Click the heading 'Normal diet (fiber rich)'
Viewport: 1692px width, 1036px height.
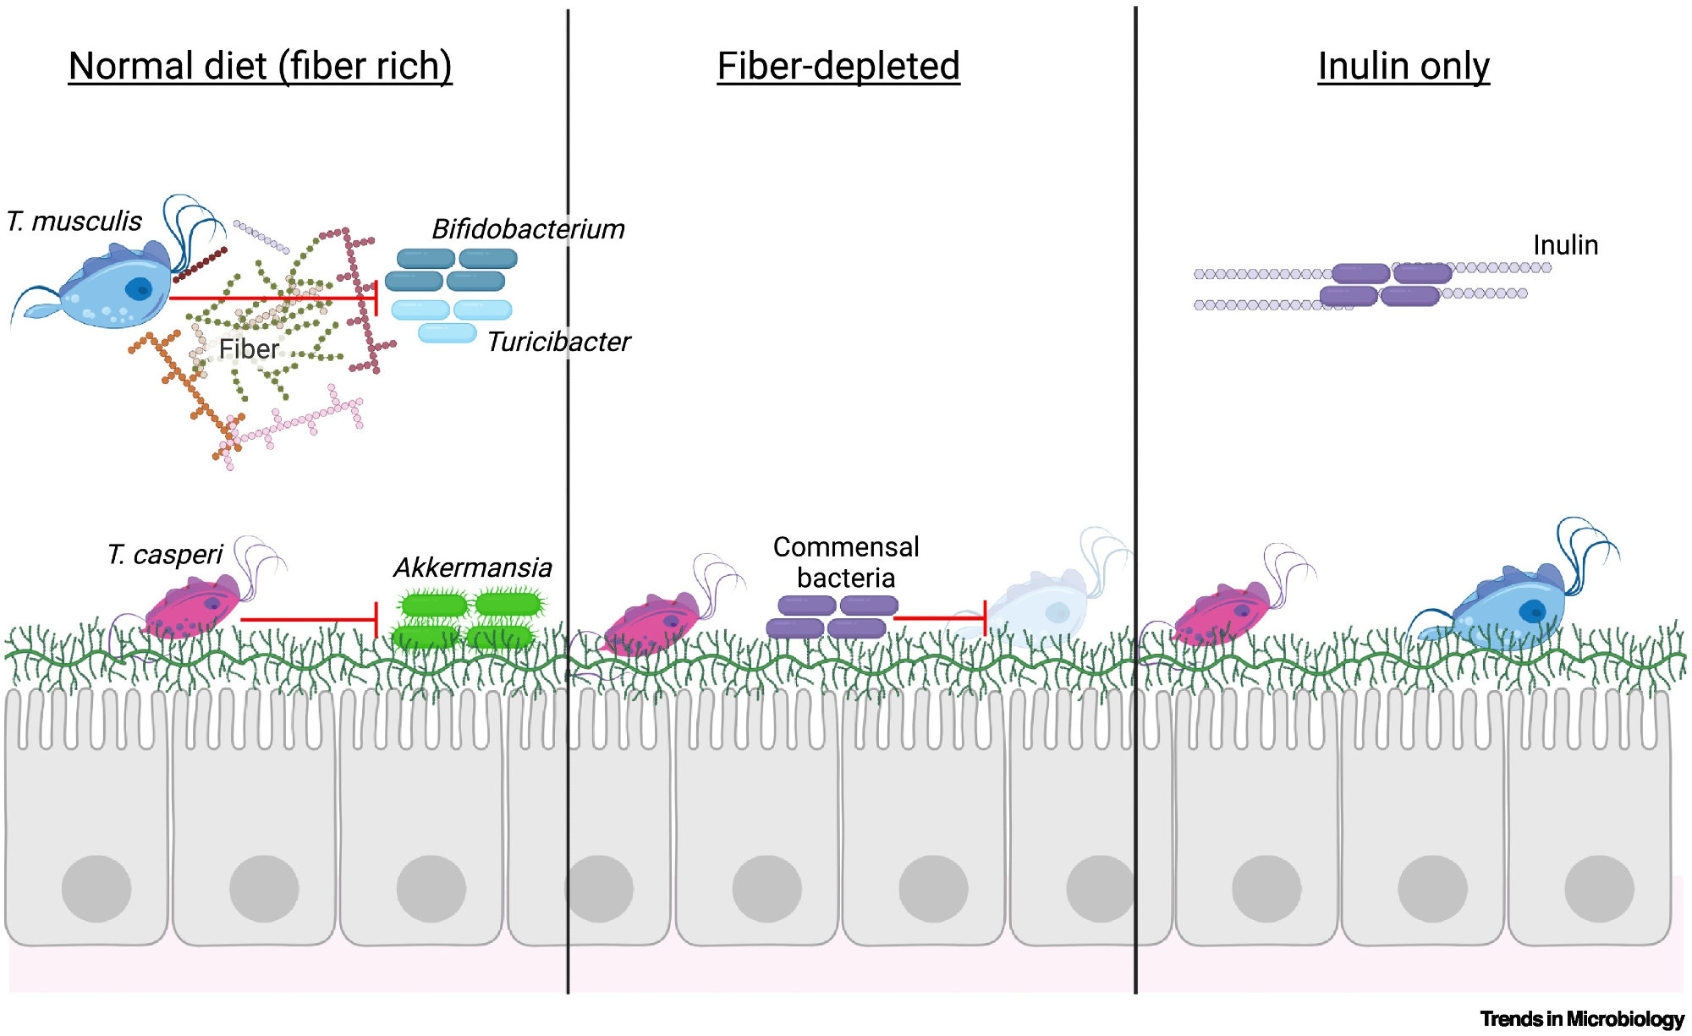260,66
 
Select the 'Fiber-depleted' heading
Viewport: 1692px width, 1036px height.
838,66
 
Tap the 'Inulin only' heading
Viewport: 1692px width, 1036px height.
1404,66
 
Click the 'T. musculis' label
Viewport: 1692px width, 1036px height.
74,222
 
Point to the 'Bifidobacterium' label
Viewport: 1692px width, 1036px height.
528,229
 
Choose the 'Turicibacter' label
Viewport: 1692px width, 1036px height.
558,342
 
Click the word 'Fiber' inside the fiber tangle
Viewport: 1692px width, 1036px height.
249,348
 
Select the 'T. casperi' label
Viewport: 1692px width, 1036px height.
165,555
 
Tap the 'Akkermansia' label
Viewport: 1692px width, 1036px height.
473,567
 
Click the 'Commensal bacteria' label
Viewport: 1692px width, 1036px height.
846,562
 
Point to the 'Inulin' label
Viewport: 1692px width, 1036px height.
1565,245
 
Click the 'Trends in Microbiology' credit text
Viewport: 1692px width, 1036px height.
1582,1019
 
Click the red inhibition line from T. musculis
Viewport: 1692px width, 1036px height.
271,298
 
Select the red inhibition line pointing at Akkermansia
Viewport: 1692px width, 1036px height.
309,620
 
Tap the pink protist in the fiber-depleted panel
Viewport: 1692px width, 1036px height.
651,626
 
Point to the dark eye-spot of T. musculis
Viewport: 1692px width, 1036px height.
139,289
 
